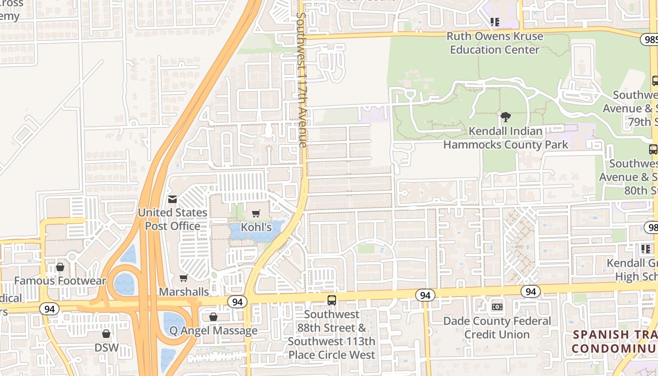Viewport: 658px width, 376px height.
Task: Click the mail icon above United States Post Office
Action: click(x=172, y=199)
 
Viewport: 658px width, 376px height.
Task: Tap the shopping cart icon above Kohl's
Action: click(x=256, y=214)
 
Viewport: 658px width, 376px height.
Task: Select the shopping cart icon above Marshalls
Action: click(x=184, y=278)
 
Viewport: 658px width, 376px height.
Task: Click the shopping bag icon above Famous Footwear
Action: click(x=60, y=267)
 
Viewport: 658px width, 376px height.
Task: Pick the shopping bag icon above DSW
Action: click(x=106, y=334)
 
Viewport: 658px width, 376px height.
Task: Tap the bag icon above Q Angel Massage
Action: click(x=213, y=317)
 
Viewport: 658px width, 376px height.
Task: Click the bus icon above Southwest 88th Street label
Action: click(x=332, y=300)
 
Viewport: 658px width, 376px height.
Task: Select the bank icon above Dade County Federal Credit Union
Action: click(x=497, y=307)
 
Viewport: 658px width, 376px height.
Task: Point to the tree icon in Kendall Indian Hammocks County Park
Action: click(x=506, y=117)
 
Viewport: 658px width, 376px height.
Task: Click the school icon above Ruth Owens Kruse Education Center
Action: click(x=494, y=22)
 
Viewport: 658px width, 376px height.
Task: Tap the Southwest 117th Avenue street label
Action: click(x=302, y=80)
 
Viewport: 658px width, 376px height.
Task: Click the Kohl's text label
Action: click(x=257, y=227)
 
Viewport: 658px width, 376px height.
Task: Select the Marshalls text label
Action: click(x=184, y=292)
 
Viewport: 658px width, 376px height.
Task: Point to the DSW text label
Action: click(x=106, y=348)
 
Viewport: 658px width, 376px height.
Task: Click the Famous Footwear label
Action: click(x=60, y=281)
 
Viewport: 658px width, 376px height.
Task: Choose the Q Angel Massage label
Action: click(x=213, y=331)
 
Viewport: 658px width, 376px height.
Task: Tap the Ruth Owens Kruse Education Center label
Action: click(x=494, y=43)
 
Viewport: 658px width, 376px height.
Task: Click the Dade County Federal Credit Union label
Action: click(x=497, y=328)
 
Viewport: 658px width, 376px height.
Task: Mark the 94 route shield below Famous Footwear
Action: click(x=49, y=309)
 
